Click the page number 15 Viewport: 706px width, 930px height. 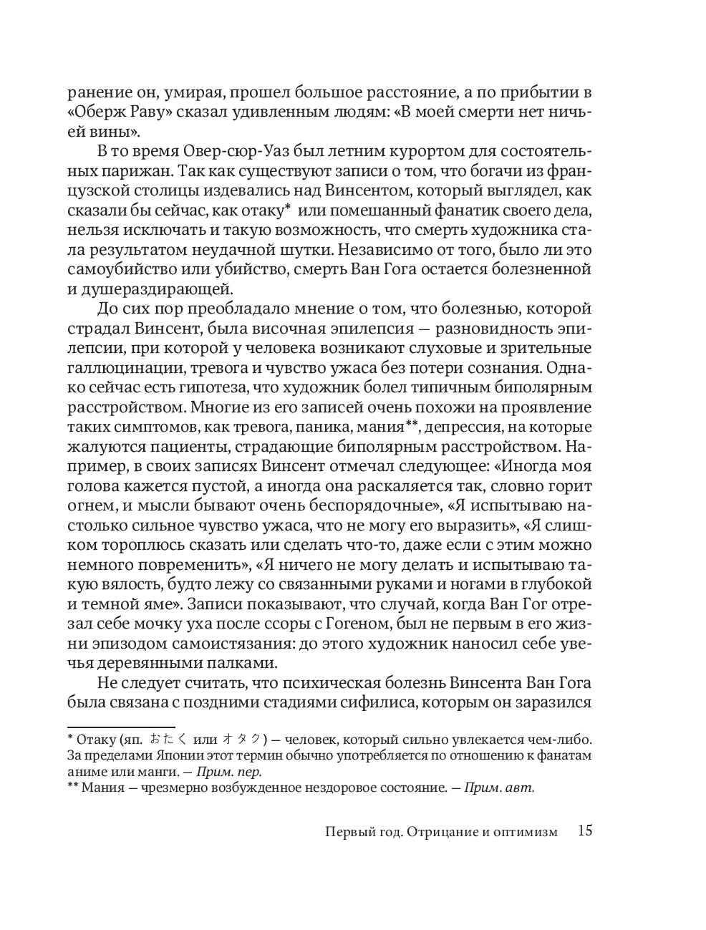tap(584, 831)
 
